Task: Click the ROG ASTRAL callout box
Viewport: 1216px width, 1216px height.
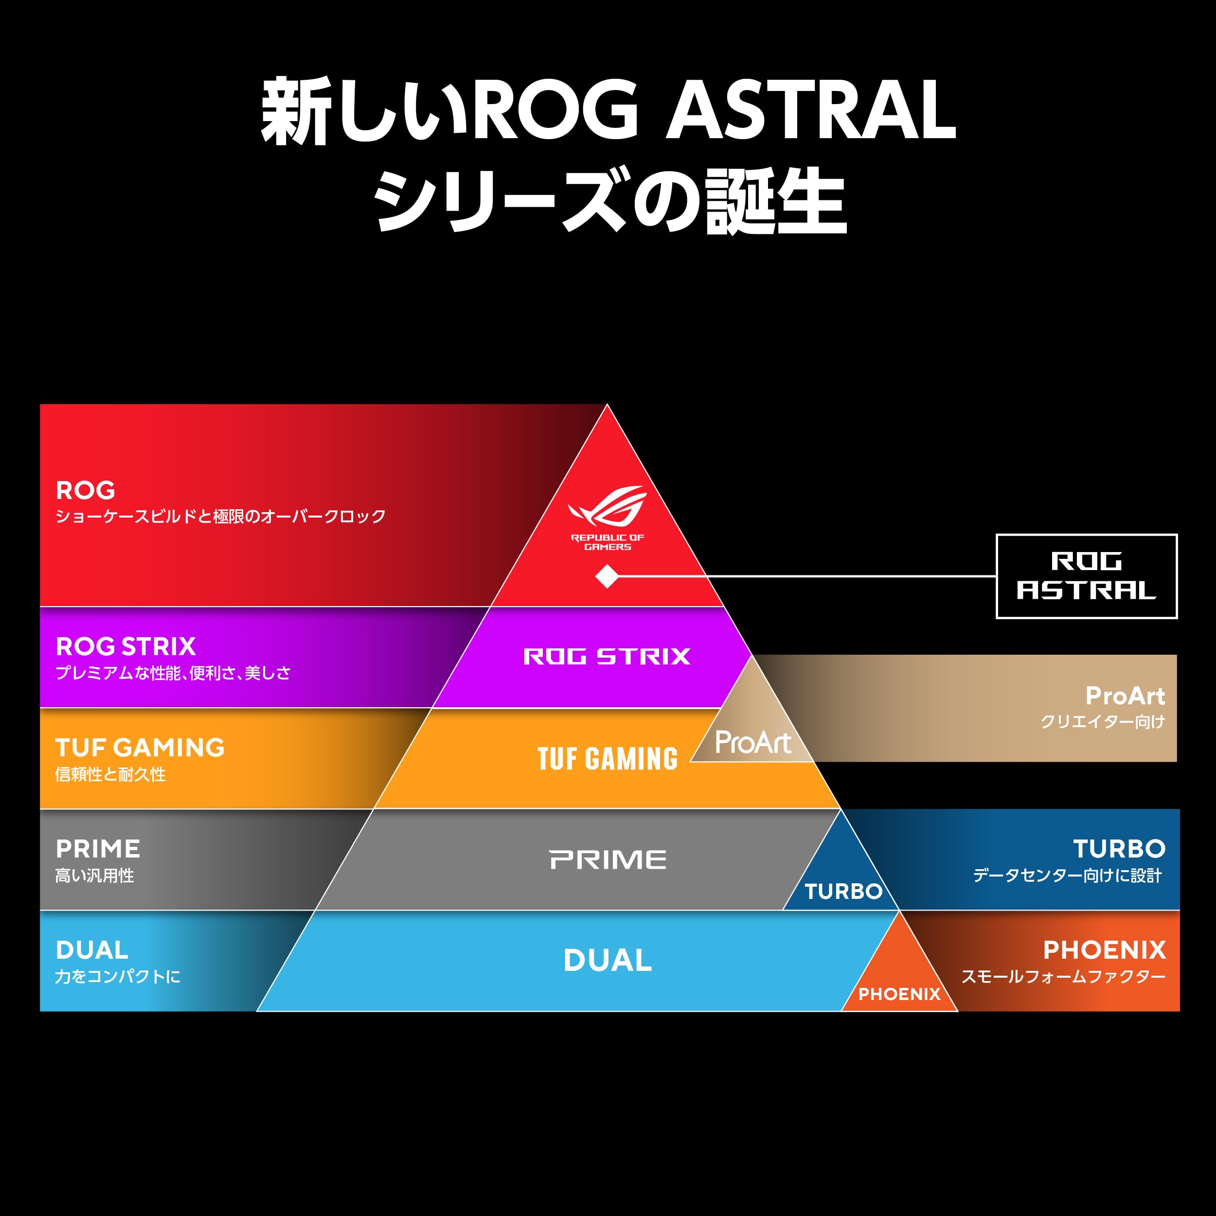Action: pyautogui.click(x=1086, y=576)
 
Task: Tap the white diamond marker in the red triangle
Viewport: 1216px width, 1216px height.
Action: pyautogui.click(x=607, y=576)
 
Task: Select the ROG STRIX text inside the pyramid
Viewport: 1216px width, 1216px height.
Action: pyautogui.click(x=607, y=657)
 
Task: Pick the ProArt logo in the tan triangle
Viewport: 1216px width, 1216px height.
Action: pyautogui.click(x=753, y=743)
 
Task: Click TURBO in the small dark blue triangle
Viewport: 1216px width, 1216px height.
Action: pyautogui.click(x=843, y=891)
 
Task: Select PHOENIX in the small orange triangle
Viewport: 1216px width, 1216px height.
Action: pyautogui.click(x=899, y=994)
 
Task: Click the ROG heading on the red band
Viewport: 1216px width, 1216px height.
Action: pyautogui.click(x=86, y=490)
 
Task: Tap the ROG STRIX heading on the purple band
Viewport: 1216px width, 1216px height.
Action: pyautogui.click(x=126, y=646)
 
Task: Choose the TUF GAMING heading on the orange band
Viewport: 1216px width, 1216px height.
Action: pyautogui.click(x=140, y=748)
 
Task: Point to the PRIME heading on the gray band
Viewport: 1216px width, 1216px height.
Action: pyautogui.click(x=98, y=849)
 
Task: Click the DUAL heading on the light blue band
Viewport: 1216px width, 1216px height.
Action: pyautogui.click(x=92, y=950)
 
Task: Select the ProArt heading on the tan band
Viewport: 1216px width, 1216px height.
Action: pyautogui.click(x=1125, y=696)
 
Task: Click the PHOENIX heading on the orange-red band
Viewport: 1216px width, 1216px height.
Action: pyautogui.click(x=1105, y=950)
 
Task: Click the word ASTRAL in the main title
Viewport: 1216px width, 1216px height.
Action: pyautogui.click(x=811, y=111)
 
